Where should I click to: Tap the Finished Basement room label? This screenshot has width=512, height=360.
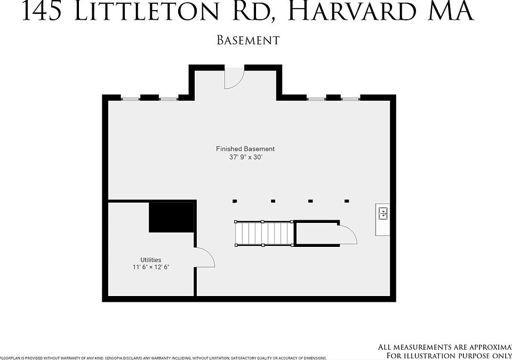(x=245, y=149)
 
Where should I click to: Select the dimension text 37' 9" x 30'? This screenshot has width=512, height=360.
(x=245, y=157)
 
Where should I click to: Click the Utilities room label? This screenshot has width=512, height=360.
(x=151, y=260)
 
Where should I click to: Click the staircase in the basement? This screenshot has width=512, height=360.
(x=264, y=234)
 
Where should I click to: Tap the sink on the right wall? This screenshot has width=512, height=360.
(x=382, y=214)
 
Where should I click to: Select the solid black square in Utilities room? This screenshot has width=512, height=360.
(x=171, y=217)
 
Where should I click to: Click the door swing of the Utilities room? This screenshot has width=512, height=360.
(x=205, y=258)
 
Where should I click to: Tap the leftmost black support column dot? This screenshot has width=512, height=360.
(x=235, y=201)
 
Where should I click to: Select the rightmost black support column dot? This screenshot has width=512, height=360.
(x=347, y=201)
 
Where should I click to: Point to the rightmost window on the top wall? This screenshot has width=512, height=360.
(x=350, y=98)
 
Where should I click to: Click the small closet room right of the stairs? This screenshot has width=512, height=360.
(x=317, y=234)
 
